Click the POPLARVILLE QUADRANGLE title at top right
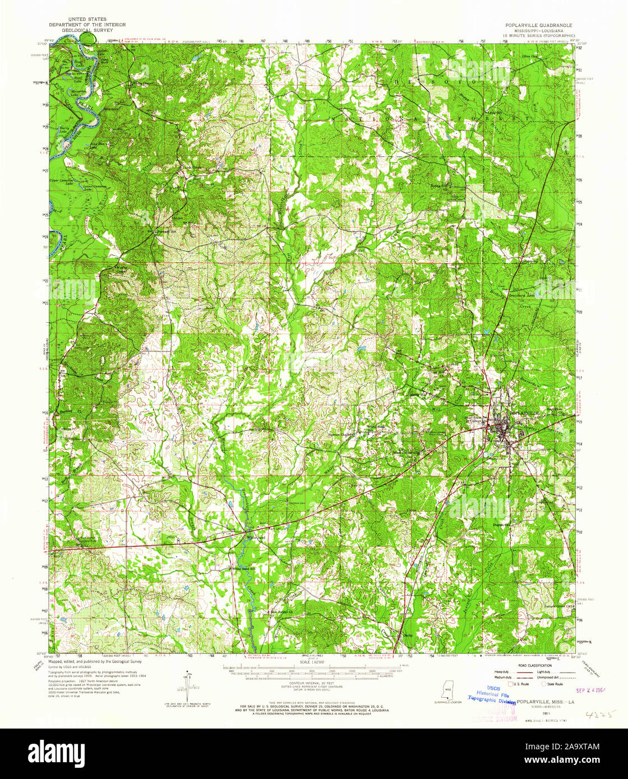click(539, 25)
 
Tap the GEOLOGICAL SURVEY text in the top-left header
click(86, 30)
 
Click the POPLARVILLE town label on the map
click(525, 412)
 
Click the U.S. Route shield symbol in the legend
click(510, 684)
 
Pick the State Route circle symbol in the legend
click(542, 684)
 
